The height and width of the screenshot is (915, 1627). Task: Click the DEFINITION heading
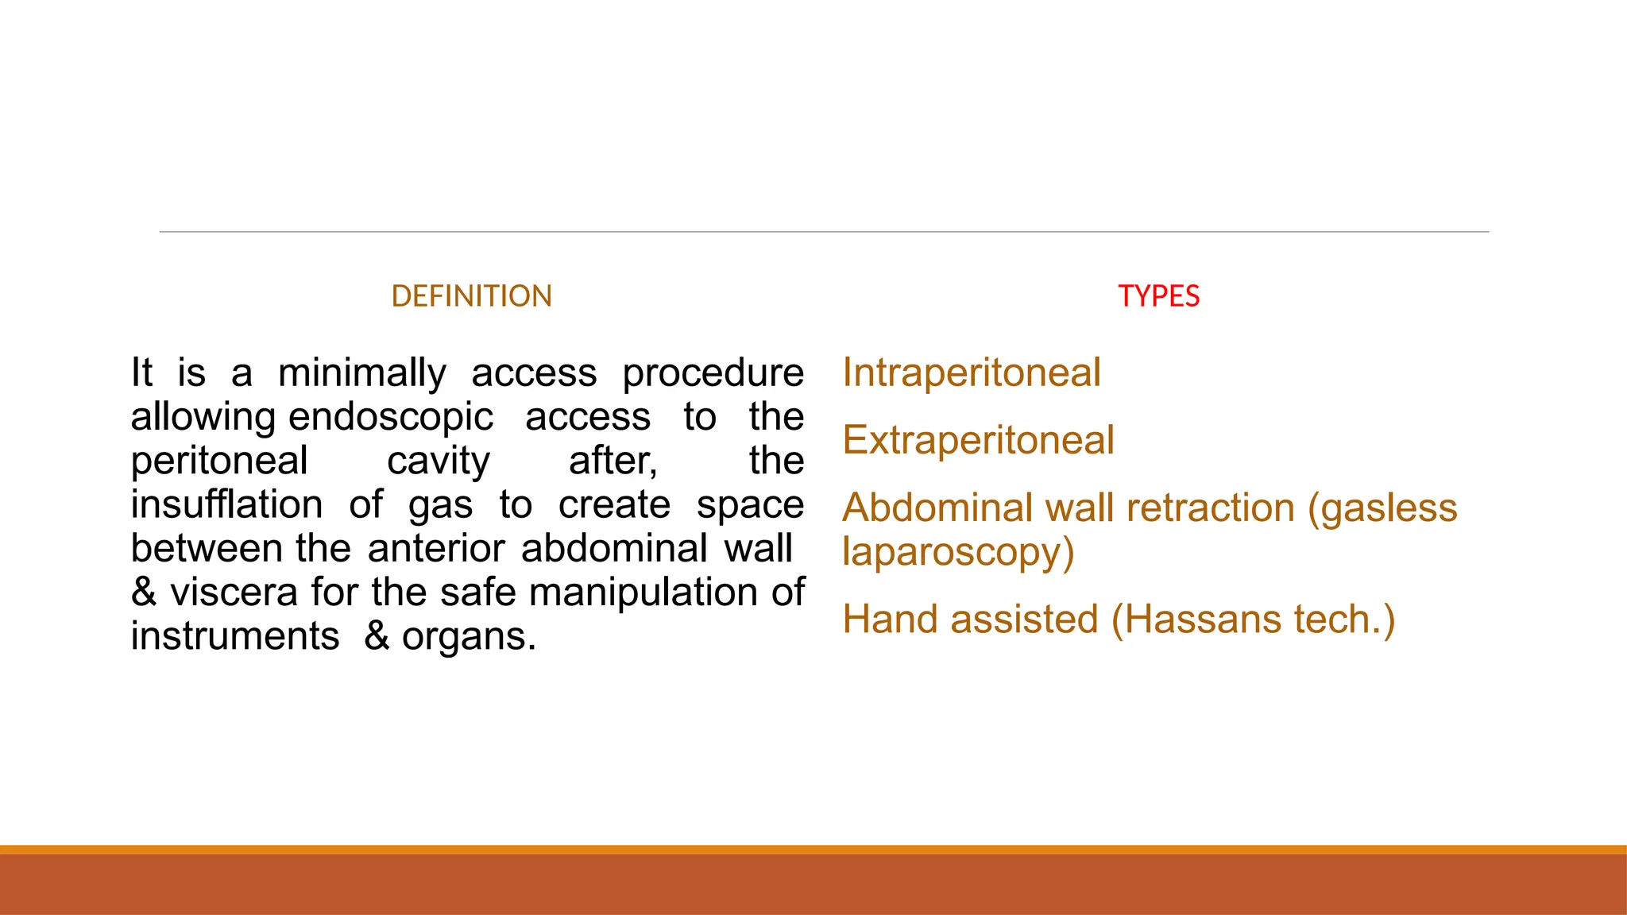point(471,296)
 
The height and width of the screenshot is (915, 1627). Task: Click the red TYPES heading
point(1158,296)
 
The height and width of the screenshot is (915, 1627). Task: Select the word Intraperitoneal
point(972,373)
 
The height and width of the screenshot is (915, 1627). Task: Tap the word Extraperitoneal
point(978,440)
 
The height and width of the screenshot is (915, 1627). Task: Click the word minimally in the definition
point(362,373)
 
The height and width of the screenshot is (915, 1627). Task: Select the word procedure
point(713,373)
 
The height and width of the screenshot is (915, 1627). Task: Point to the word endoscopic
point(391,417)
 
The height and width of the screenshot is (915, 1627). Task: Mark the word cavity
point(439,461)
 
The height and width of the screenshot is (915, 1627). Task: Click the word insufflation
point(226,505)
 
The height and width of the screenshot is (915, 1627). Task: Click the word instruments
point(235,636)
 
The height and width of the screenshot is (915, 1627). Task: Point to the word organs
point(467,637)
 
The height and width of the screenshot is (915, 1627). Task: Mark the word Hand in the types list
point(890,620)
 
